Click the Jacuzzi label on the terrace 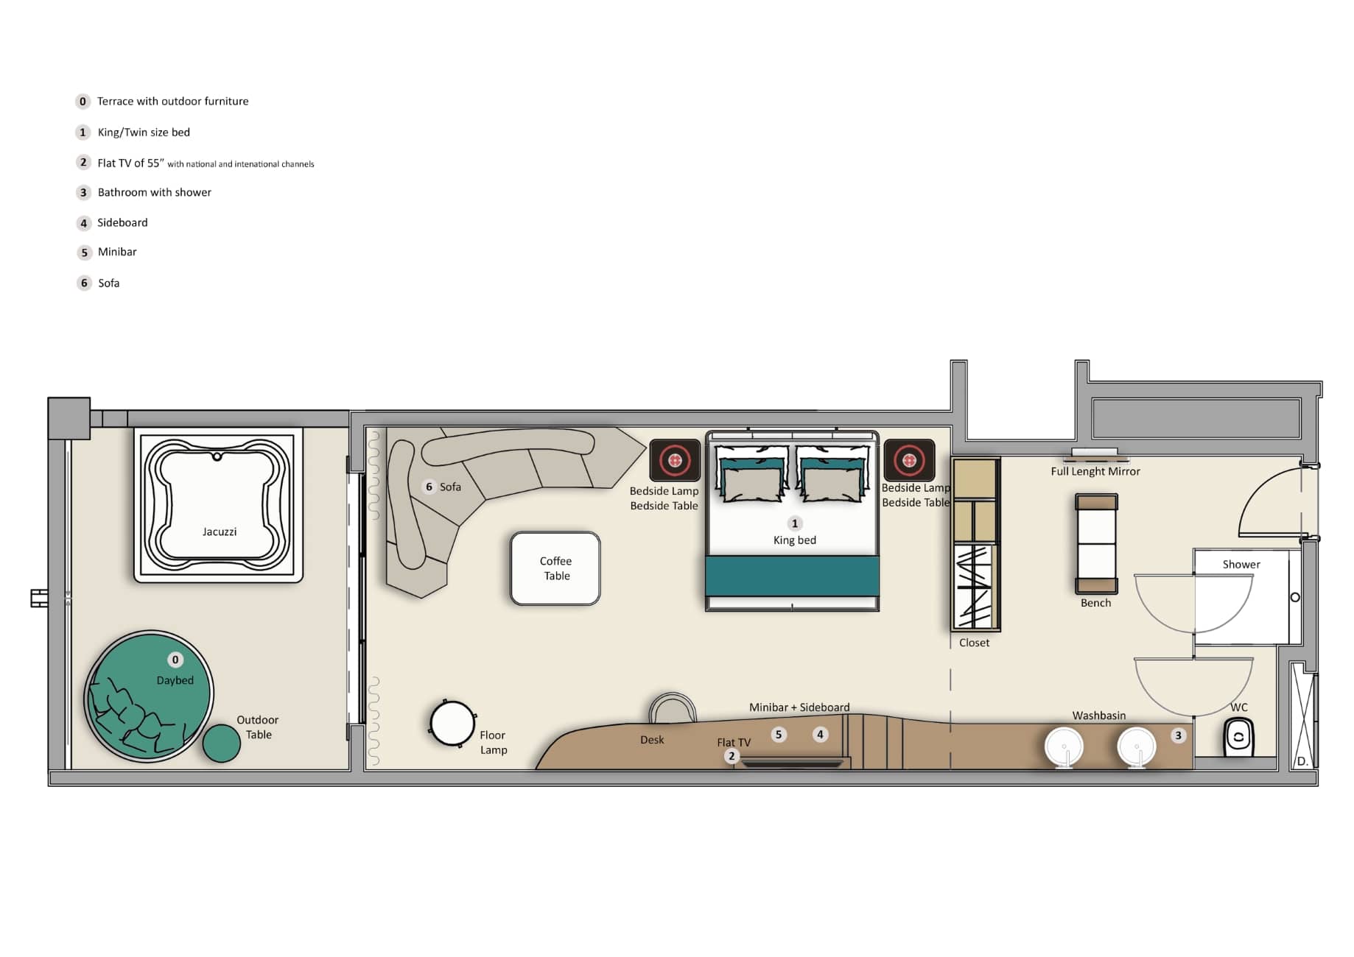(220, 532)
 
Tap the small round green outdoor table (222, 743)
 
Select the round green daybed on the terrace (150, 695)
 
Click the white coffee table (555, 568)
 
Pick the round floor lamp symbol (452, 723)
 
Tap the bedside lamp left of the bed (675, 461)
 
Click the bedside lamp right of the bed (909, 461)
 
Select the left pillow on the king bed (751, 475)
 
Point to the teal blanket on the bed (793, 576)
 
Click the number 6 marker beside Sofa (429, 487)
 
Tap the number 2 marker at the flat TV (732, 756)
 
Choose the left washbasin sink (1064, 746)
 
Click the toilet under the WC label (1238, 736)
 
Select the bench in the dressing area (1096, 544)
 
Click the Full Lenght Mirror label (1095, 471)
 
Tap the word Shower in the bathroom (1241, 565)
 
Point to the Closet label (974, 643)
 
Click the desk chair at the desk (672, 707)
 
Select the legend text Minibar (117, 252)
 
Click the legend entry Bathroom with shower (155, 192)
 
